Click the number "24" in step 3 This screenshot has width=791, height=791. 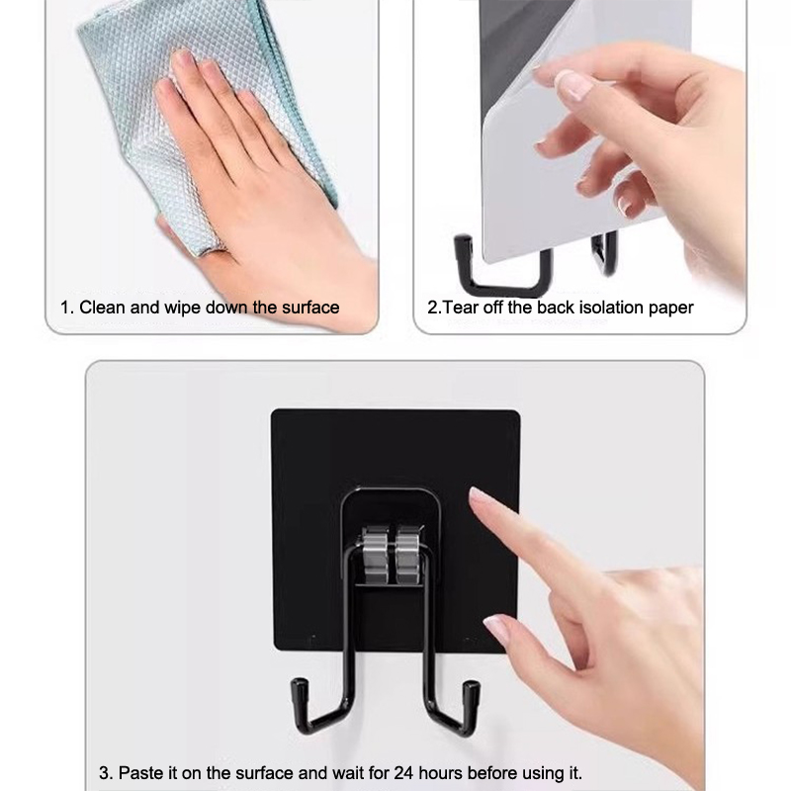(404, 773)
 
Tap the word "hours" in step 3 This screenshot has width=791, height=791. (440, 773)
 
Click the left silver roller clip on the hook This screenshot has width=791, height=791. (375, 555)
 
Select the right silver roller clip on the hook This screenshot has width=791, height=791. (408, 555)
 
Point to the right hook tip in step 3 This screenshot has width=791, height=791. (472, 687)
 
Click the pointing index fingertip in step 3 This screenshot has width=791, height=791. (476, 495)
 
